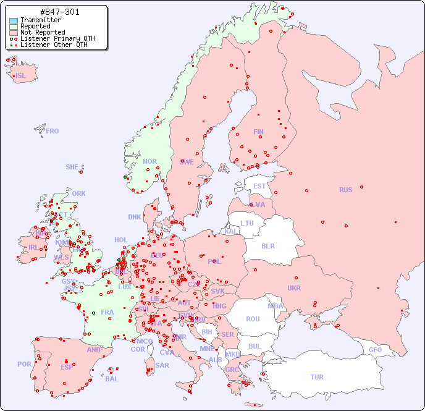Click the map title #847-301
pos(59,12)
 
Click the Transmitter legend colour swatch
pos(14,20)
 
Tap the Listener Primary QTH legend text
pos(57,38)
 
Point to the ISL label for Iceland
pos(21,76)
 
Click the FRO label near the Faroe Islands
pos(53,131)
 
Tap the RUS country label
pos(345,190)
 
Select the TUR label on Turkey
pos(317,377)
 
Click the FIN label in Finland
pos(258,132)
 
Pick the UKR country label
pos(294,288)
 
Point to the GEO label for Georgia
pos(375,350)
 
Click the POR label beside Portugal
pos(24,364)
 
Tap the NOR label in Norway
pos(149,161)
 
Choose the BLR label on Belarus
pos(268,245)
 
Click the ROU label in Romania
pos(253,319)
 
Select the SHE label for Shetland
pos(72,167)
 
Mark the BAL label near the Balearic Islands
pos(111,379)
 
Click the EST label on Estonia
pos(259,186)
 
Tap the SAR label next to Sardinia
pos(162,365)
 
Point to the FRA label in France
pos(107,312)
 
